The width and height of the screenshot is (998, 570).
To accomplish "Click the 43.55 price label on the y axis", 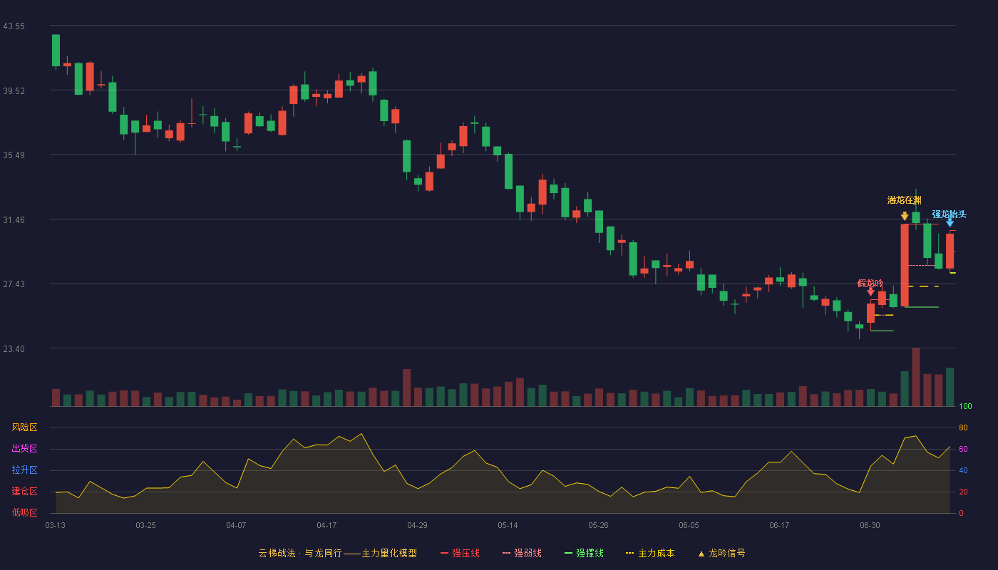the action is (14, 26).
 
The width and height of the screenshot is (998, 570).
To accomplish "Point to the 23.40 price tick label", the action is (14, 348).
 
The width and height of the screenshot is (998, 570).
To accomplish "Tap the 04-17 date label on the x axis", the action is (326, 526).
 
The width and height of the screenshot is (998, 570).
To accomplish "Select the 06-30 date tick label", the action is (870, 526).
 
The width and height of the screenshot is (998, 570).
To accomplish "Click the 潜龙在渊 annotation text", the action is (904, 200).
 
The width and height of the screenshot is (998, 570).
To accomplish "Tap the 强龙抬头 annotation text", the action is (949, 214).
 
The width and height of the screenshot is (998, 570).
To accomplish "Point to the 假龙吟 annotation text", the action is (870, 284).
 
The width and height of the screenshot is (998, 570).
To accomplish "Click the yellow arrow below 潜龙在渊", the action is (905, 217).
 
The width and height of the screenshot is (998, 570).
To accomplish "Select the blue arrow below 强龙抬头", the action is (950, 222).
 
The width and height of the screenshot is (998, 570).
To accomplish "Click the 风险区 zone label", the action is (24, 427).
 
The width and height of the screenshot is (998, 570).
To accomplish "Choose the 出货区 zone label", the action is (24, 448).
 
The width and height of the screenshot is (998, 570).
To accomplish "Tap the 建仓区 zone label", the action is (24, 491).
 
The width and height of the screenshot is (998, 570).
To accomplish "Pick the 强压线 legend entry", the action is (460, 553).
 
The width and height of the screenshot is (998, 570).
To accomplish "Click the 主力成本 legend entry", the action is (650, 553).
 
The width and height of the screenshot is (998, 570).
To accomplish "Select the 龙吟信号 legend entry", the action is (721, 553).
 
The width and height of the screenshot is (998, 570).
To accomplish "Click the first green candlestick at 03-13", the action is (56, 51).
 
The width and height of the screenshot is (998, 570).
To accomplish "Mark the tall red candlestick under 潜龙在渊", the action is (905, 265).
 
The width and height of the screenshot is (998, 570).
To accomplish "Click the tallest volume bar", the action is (916, 377).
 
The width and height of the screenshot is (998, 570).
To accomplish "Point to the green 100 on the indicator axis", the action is (965, 406).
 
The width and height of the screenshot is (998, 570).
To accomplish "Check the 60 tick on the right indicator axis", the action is (963, 449).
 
